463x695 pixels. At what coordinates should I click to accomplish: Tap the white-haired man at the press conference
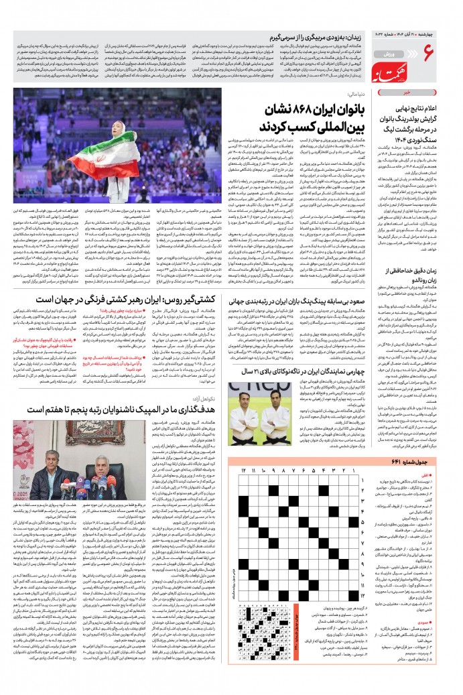[86, 463]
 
